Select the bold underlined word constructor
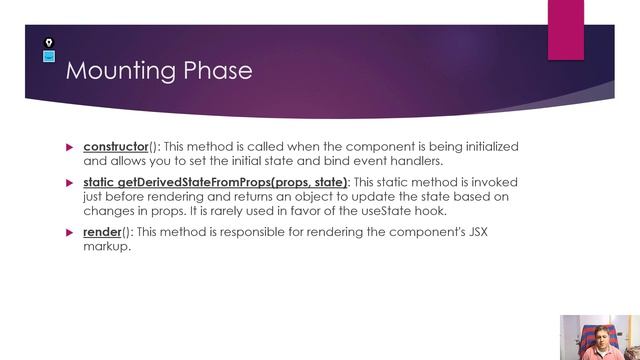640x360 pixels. point(115,147)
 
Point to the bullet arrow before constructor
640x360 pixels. point(70,147)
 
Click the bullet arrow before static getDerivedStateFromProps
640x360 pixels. point(70,182)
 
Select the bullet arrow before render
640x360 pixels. point(70,232)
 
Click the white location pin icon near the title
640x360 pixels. point(49,43)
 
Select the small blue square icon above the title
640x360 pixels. point(49,56)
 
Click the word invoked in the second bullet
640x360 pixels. point(497,182)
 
